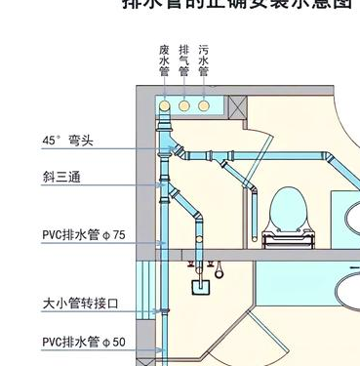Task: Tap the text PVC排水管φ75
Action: pos(84,234)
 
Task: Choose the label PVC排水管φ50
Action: pos(84,342)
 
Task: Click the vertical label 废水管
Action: pos(164,61)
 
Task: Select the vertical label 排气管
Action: pos(183,61)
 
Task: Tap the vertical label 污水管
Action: pos(203,61)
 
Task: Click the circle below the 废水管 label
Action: pos(164,104)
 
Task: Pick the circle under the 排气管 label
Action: pos(183,104)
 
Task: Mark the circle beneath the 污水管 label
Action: pos(203,104)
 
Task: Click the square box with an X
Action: pos(234,104)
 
